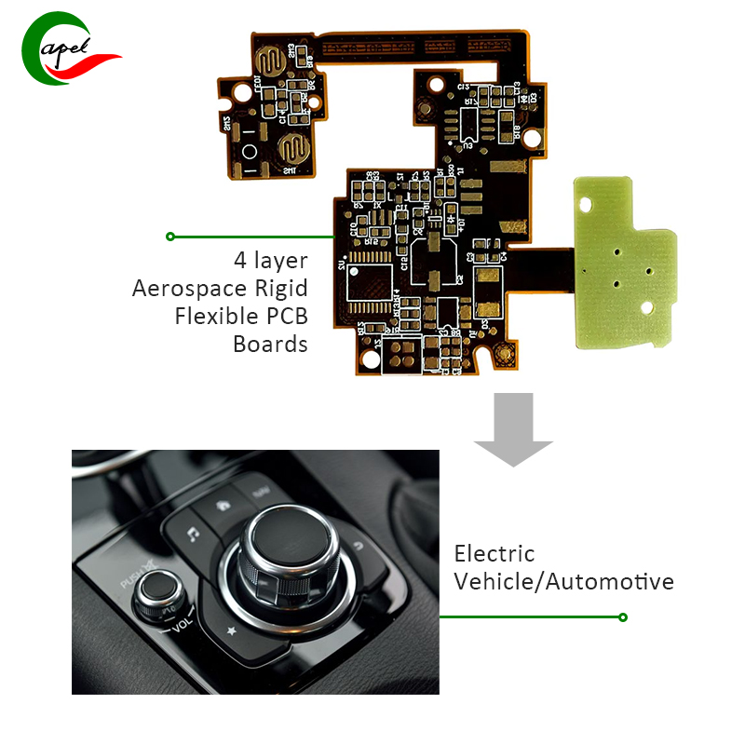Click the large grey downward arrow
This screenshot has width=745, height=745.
tap(513, 427)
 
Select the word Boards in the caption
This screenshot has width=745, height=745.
tap(270, 344)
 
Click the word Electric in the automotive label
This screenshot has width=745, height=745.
tap(494, 554)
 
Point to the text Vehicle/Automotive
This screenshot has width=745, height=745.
tap(563, 582)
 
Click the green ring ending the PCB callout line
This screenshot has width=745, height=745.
tap(170, 237)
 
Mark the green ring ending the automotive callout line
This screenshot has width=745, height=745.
tap(623, 616)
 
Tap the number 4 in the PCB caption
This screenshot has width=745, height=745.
tap(240, 260)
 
